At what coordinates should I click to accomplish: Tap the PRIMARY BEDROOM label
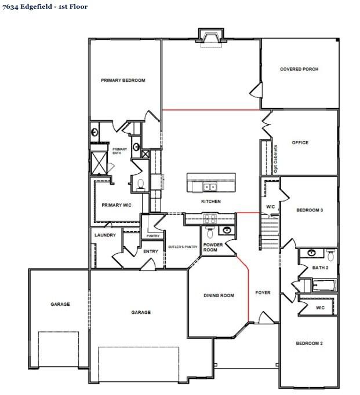123,81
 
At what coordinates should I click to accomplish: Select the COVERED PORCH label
299,69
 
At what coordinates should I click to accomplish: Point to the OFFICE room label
300,142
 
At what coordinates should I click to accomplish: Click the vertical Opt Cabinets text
275,159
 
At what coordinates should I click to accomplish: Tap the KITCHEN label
210,202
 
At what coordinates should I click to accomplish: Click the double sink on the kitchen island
209,186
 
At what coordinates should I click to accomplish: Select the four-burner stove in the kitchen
209,219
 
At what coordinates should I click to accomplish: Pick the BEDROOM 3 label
309,210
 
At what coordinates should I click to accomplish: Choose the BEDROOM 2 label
309,343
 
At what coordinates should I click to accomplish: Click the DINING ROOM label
219,296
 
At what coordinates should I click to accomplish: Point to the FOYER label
263,293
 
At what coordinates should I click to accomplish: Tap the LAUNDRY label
105,235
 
